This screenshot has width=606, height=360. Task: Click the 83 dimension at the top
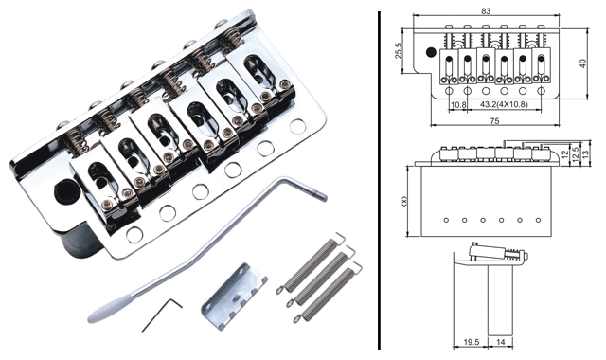coord(486,10)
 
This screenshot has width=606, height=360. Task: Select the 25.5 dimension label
coord(399,50)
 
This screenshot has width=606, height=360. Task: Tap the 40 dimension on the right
coord(583,63)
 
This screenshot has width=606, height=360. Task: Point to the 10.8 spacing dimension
coord(458,104)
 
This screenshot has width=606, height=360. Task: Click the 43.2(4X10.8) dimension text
coord(504,104)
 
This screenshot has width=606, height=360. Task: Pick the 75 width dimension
coord(494,121)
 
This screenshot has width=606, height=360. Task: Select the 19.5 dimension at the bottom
coord(472,342)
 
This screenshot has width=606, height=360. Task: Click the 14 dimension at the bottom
coord(500,342)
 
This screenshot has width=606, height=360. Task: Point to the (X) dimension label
coord(404,201)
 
